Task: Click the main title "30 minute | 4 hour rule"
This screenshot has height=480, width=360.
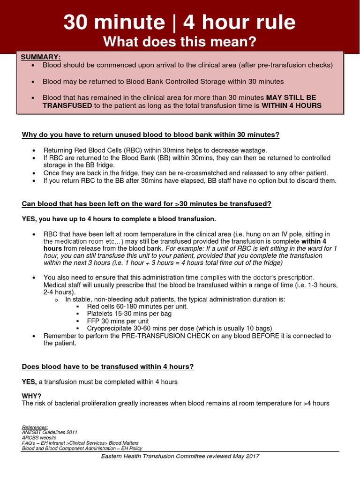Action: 180,22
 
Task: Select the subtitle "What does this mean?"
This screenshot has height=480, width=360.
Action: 180,42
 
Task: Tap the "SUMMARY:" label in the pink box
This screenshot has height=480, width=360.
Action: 41,57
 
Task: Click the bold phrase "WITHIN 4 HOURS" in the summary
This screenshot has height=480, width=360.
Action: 291,105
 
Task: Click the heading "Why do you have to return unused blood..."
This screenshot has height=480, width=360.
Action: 150,135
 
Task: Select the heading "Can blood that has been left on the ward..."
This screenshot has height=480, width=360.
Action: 146,204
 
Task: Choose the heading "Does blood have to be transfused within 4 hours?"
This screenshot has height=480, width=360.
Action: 108,367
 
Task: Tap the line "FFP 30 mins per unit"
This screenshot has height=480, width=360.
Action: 118,321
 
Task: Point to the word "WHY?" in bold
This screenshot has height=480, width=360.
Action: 31,396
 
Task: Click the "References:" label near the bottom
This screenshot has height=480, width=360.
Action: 35,427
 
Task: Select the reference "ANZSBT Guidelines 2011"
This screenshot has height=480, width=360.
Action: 50,433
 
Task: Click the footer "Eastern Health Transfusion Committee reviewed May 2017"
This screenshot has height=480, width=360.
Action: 180,456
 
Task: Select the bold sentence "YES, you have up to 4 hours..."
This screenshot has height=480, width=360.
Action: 119,219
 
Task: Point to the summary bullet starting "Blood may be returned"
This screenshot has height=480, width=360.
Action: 163,82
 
